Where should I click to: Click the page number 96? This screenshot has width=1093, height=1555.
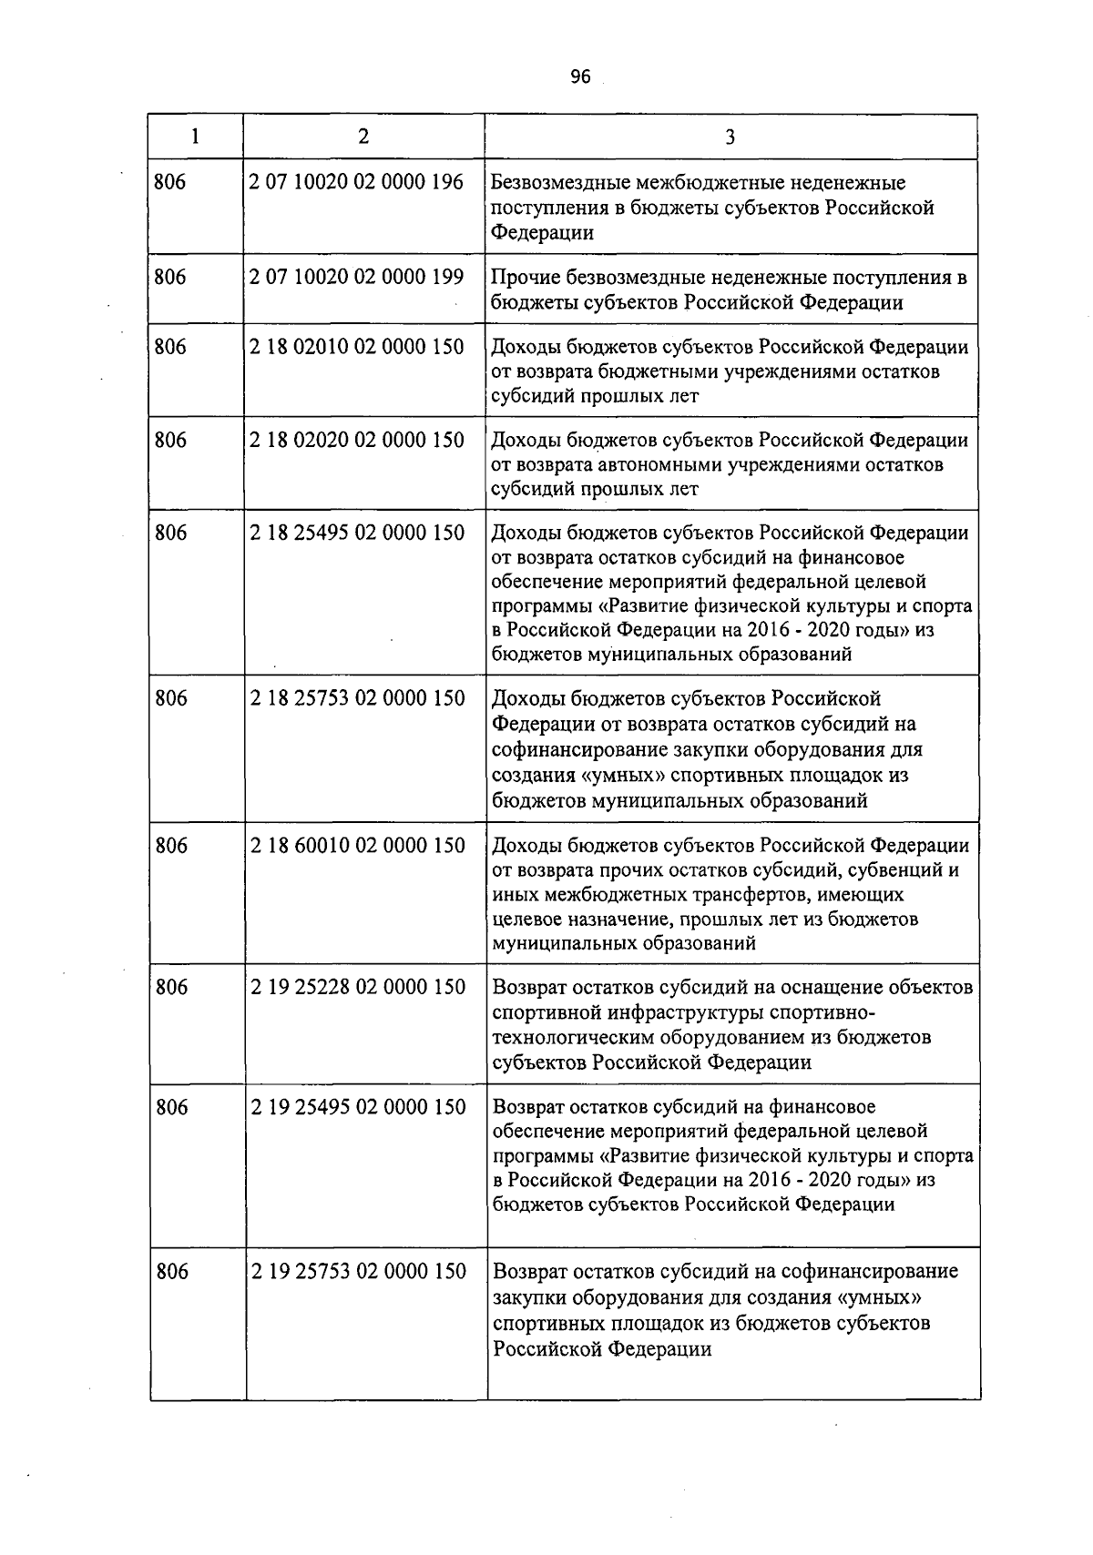[x=580, y=77]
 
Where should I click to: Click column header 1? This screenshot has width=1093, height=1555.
[x=195, y=137]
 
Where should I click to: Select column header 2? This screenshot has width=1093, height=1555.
[x=363, y=137]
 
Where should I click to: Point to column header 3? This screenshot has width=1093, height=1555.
[x=730, y=137]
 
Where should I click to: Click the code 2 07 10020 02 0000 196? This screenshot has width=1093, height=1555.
[x=356, y=182]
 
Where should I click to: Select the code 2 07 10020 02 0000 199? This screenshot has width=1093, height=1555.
[x=356, y=277]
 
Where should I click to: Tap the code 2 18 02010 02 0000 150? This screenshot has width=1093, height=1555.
[x=357, y=347]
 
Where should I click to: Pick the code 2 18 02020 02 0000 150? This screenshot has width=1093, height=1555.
[x=357, y=441]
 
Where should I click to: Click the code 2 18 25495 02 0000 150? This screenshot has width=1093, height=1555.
[x=357, y=533]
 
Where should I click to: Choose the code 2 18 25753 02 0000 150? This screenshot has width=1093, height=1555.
[x=357, y=698]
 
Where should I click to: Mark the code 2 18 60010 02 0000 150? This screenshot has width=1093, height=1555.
[x=357, y=846]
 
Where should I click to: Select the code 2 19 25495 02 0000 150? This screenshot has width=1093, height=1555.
[x=358, y=1107]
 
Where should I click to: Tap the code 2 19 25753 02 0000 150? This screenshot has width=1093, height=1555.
[x=358, y=1271]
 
